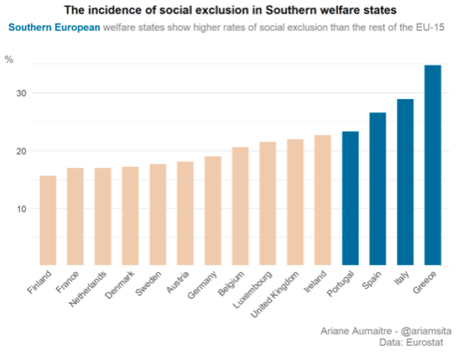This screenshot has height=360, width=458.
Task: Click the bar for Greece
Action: coord(433,165)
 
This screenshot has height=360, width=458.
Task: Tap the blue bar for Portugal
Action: coord(350,198)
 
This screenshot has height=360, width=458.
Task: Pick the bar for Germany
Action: coord(213,210)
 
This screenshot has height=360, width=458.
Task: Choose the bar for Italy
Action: coord(405,182)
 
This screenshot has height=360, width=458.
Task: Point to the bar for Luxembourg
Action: coord(268,203)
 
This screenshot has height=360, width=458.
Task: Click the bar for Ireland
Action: coord(322,200)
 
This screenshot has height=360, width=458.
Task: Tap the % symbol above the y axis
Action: coord(10,60)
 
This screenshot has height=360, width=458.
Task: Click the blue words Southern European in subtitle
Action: coord(54,28)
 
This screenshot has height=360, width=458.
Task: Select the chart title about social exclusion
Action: coord(230,10)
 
